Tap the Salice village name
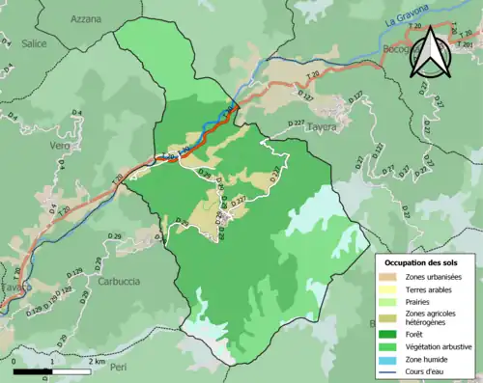click(33, 43)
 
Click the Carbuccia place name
click(119, 281)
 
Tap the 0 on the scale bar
click(15, 360)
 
